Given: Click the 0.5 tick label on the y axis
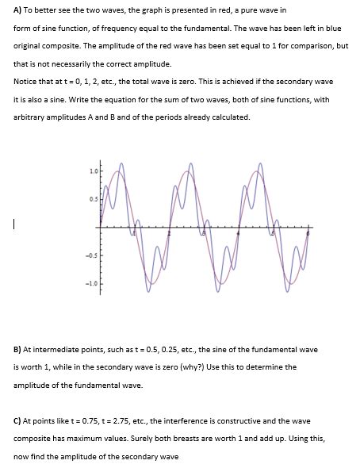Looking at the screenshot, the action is [x=93, y=199].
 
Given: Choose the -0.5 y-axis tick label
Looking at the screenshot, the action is [x=92, y=255].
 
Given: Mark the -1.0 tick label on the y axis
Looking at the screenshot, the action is [x=92, y=283].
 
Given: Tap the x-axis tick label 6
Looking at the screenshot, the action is [x=308, y=236].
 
